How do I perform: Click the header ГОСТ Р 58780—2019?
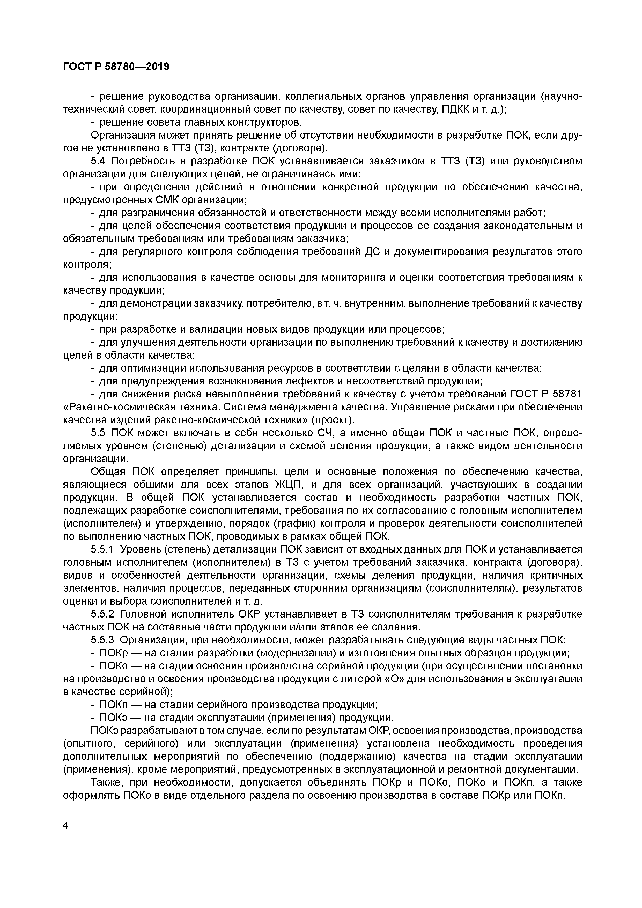(116, 67)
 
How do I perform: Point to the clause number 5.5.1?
(102, 549)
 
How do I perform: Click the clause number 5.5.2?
(102, 614)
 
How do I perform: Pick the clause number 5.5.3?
(102, 640)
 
